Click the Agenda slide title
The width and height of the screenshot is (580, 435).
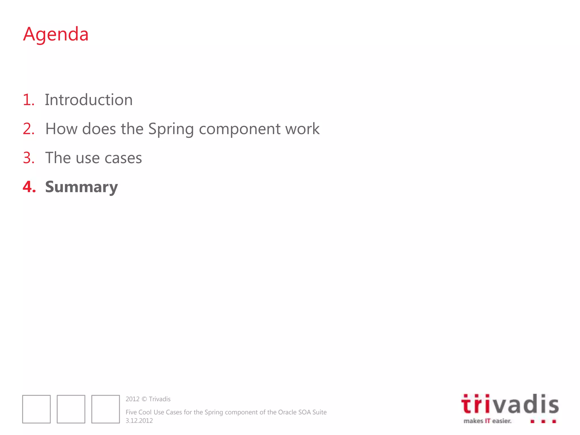56,34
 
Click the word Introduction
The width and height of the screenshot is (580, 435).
89,100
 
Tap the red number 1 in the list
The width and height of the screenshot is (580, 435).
28,100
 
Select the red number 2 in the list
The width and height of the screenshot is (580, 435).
28,129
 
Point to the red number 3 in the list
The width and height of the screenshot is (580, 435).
28,158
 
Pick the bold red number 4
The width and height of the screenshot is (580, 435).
29,187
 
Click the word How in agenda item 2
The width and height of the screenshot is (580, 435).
61,129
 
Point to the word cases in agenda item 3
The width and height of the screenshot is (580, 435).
123,158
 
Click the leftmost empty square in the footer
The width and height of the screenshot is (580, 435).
37,409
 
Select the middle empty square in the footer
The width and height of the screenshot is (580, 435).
71,409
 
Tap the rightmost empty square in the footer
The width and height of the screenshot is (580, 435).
106,409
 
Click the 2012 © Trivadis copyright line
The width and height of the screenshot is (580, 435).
148,399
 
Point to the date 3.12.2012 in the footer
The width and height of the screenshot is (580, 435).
139,421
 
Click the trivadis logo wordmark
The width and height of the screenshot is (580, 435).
510,404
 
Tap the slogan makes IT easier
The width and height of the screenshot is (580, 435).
487,421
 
